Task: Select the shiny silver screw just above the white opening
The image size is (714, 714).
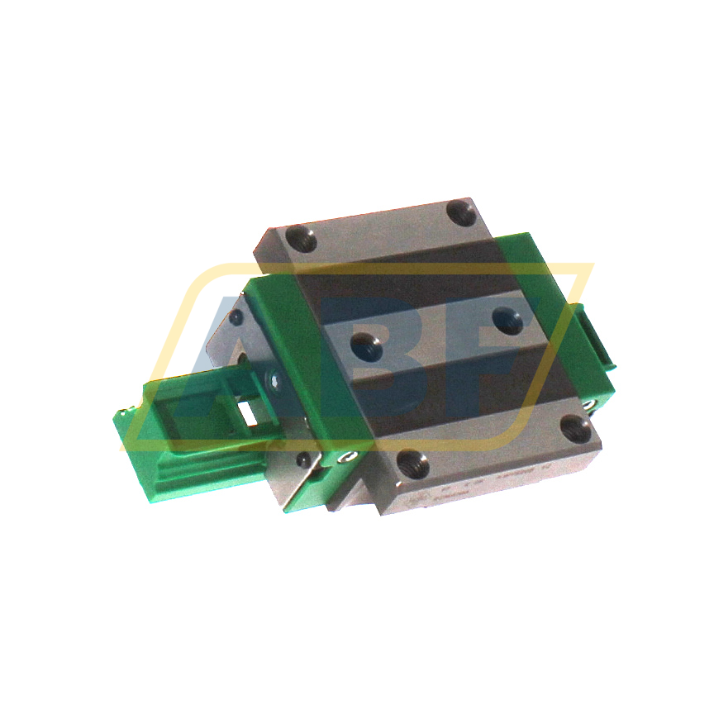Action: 274,379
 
